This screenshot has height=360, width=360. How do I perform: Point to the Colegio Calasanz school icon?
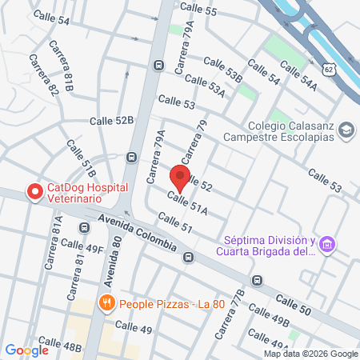click(x=346, y=130)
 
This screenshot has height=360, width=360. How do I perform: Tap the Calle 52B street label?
click(x=113, y=120)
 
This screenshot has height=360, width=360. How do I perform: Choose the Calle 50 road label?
click(x=293, y=301)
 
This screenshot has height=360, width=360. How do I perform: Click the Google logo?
click(x=26, y=350)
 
